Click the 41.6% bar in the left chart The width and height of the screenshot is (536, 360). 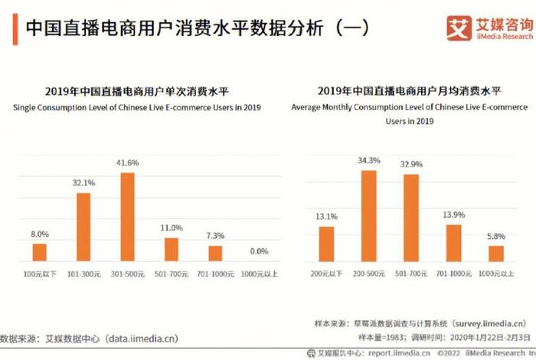[127, 217]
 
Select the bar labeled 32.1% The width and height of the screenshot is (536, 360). [83, 227]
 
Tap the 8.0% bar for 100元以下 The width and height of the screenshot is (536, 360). [39, 252]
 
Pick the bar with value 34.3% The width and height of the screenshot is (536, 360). [368, 215]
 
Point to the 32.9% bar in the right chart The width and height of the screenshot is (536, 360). [411, 218]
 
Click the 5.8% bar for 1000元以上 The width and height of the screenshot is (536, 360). [496, 253]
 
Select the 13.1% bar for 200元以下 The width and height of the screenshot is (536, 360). [326, 244]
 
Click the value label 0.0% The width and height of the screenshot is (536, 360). [260, 250]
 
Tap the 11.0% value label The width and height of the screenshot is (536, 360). [171, 227]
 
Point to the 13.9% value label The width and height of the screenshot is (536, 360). [454, 214]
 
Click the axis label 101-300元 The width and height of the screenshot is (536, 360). [83, 273]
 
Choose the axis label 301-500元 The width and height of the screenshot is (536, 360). [127, 273]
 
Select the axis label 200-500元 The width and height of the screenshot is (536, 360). [369, 273]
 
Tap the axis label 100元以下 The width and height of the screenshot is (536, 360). [39, 273]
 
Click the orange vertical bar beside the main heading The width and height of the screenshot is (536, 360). [15, 28]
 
